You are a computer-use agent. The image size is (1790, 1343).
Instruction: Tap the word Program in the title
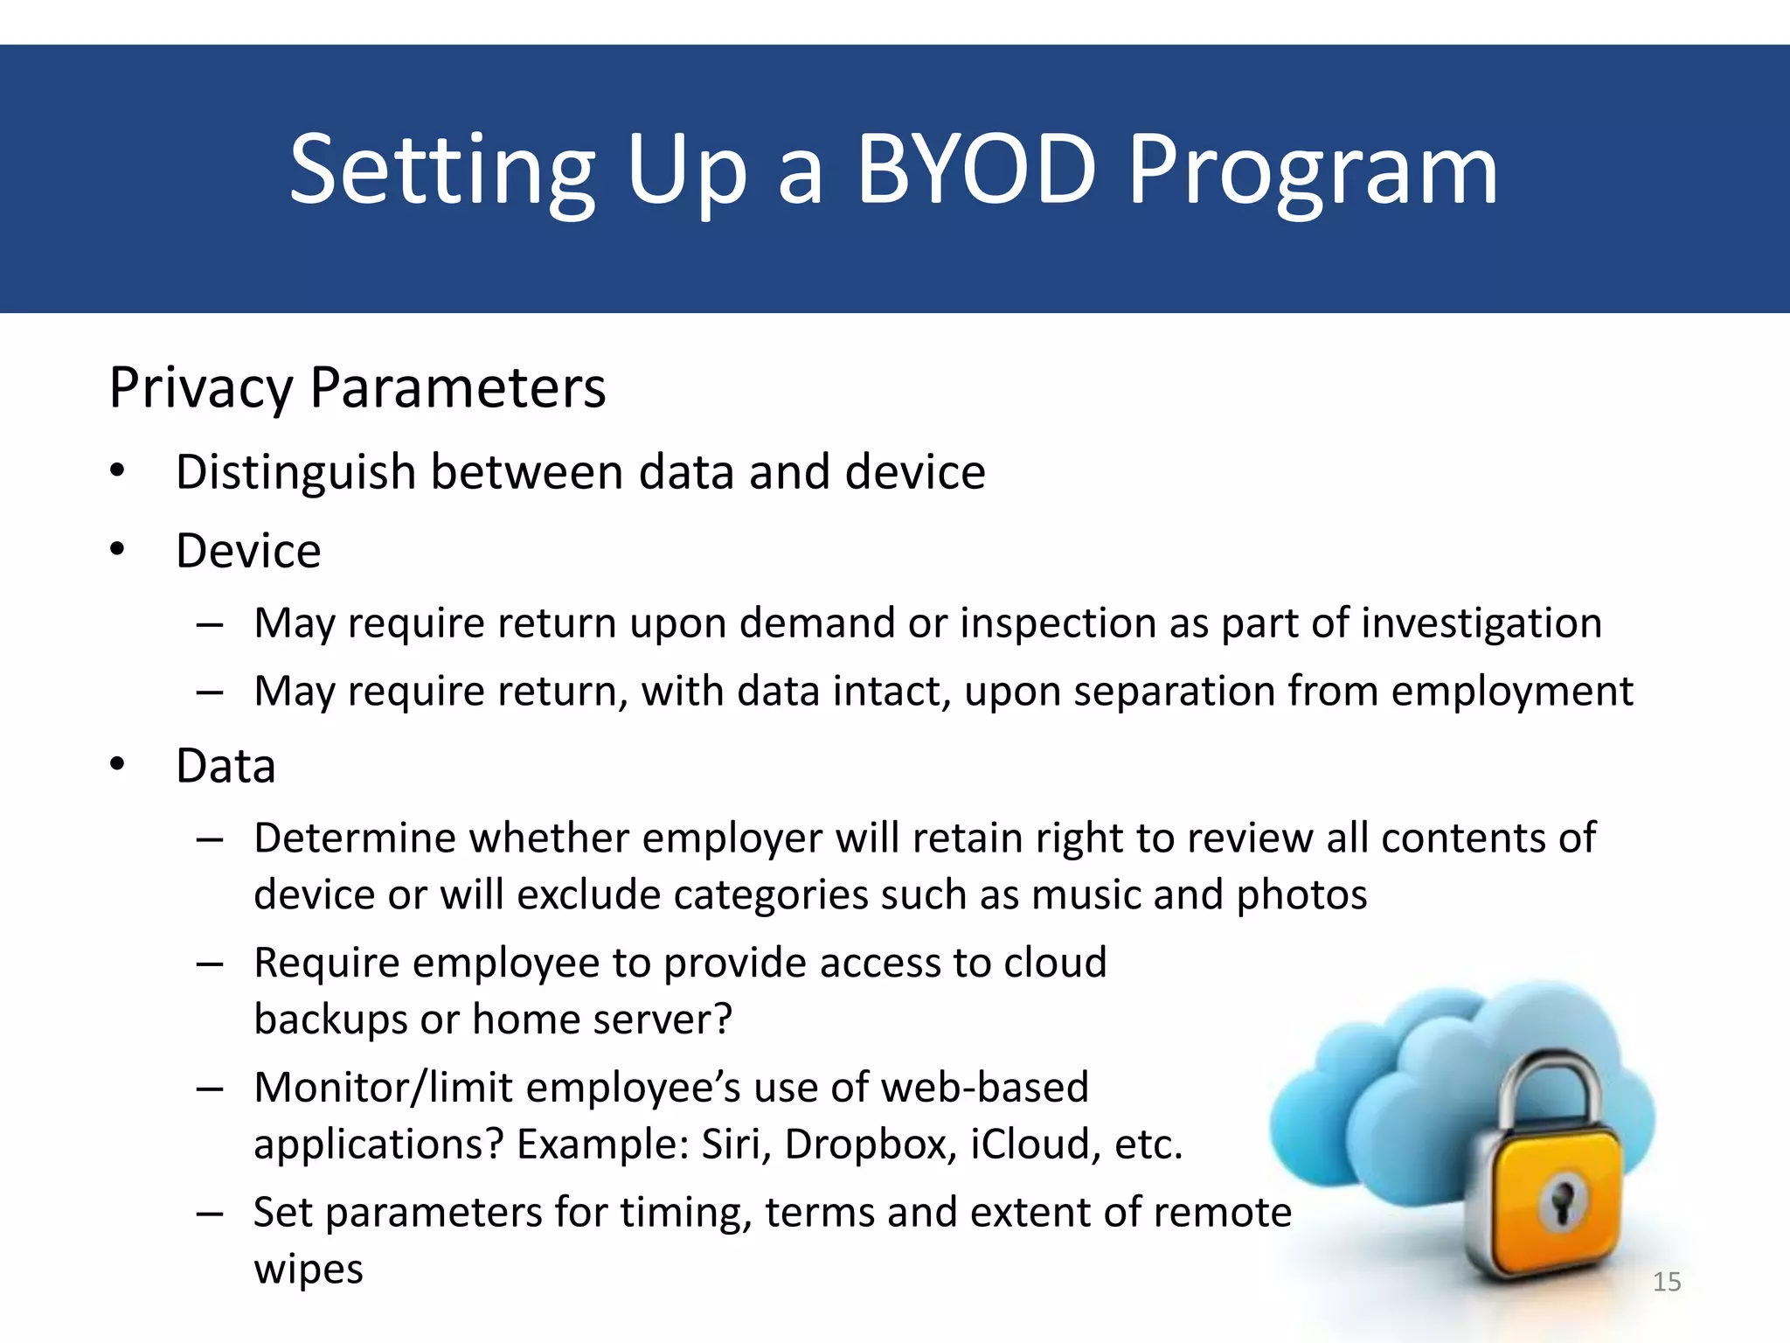pos(1313,172)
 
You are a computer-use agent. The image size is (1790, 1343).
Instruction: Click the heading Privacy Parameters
pos(357,387)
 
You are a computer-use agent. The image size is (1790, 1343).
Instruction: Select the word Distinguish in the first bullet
pos(295,473)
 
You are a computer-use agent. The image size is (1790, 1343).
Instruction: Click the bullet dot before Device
pos(118,549)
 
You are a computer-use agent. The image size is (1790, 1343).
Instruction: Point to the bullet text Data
pos(225,766)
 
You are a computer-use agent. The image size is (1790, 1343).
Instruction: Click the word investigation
pos(1481,623)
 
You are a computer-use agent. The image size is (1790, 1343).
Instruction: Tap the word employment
pos(1511,692)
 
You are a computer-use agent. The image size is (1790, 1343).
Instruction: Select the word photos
pos(1301,895)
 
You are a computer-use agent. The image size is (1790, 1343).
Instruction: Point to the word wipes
pos(308,1270)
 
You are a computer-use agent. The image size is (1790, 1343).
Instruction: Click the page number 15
pos(1667,1282)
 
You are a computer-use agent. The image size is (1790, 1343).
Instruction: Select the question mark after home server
pos(722,1019)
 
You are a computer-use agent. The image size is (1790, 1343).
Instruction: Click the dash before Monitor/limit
pos(211,1089)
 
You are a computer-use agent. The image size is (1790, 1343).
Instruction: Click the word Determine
pos(353,839)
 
